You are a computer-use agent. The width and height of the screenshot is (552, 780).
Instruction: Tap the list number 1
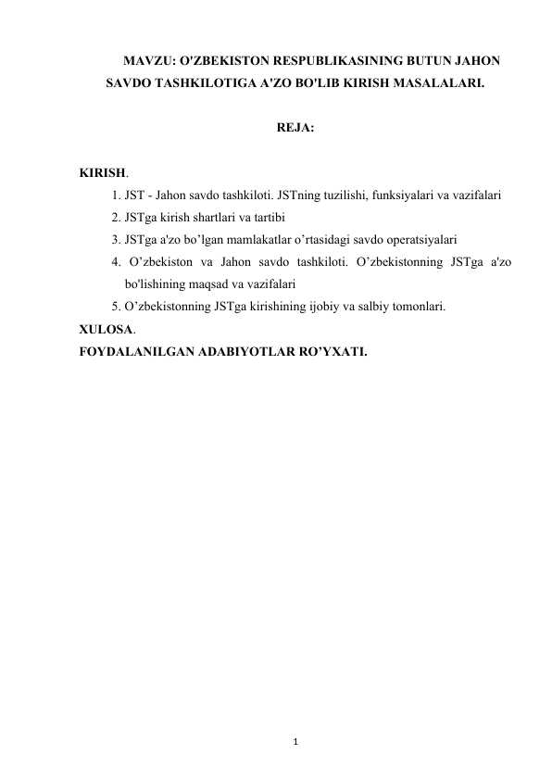(x=113, y=196)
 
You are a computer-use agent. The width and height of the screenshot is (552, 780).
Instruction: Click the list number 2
(x=113, y=219)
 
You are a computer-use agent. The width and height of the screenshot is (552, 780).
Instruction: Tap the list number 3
(x=113, y=240)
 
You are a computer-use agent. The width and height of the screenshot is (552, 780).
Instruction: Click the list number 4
(x=113, y=262)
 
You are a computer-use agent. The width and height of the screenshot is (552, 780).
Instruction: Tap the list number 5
(x=113, y=306)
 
